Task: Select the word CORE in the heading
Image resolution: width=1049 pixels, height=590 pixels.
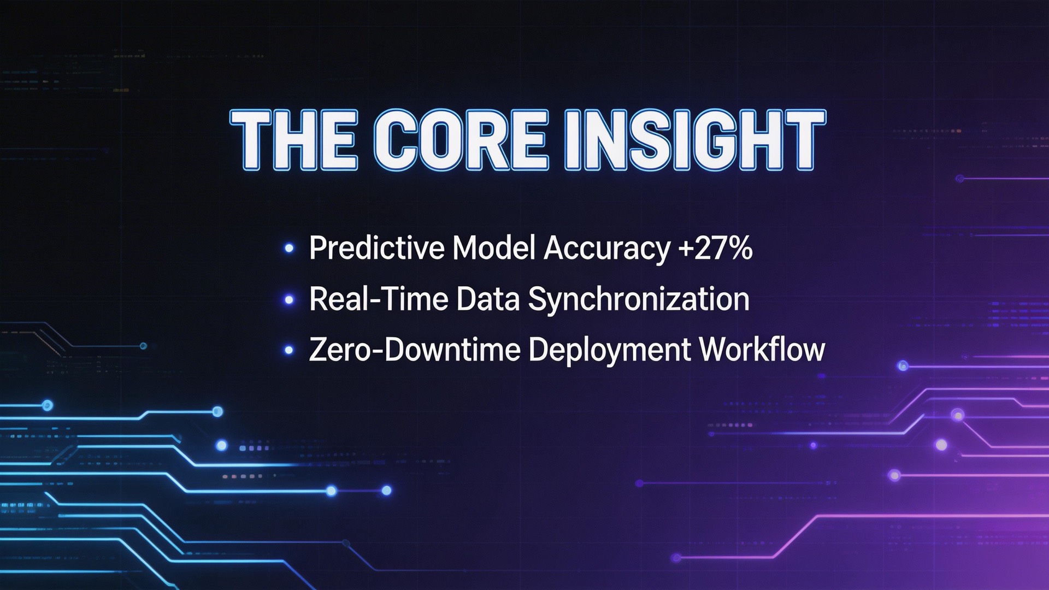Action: (461, 140)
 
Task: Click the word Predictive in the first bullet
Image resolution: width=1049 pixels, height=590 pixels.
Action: (377, 248)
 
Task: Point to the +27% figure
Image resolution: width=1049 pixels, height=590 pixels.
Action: (715, 248)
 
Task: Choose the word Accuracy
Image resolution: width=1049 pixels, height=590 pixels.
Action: (606, 248)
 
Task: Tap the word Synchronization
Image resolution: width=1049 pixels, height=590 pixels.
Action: (639, 299)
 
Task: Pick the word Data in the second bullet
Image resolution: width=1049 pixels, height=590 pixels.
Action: (487, 299)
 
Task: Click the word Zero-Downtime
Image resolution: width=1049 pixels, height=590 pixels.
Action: (414, 350)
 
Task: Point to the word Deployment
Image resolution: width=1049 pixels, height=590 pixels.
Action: (609, 350)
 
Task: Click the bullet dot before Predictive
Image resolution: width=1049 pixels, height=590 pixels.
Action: (289, 249)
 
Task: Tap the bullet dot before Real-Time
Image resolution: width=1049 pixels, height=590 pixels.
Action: (289, 300)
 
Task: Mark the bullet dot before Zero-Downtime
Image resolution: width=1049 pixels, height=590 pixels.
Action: (289, 350)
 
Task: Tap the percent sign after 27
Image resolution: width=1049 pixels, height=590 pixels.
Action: (740, 248)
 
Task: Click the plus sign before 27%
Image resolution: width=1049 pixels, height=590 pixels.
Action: (685, 249)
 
